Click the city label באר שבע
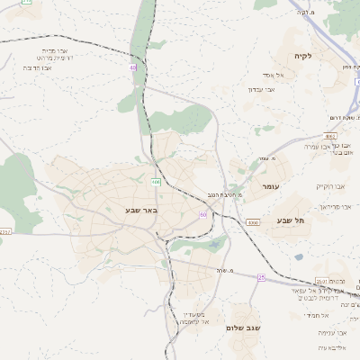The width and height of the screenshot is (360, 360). [141, 210]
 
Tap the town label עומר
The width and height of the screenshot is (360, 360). [271, 184]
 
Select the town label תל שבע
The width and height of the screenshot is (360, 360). [292, 220]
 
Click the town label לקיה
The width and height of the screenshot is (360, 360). [302, 56]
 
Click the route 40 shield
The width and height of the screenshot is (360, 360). [132, 67]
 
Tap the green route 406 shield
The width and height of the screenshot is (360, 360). [156, 182]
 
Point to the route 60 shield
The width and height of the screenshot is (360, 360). [203, 215]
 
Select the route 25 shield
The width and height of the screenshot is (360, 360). [261, 278]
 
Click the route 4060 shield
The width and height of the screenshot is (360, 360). [253, 221]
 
